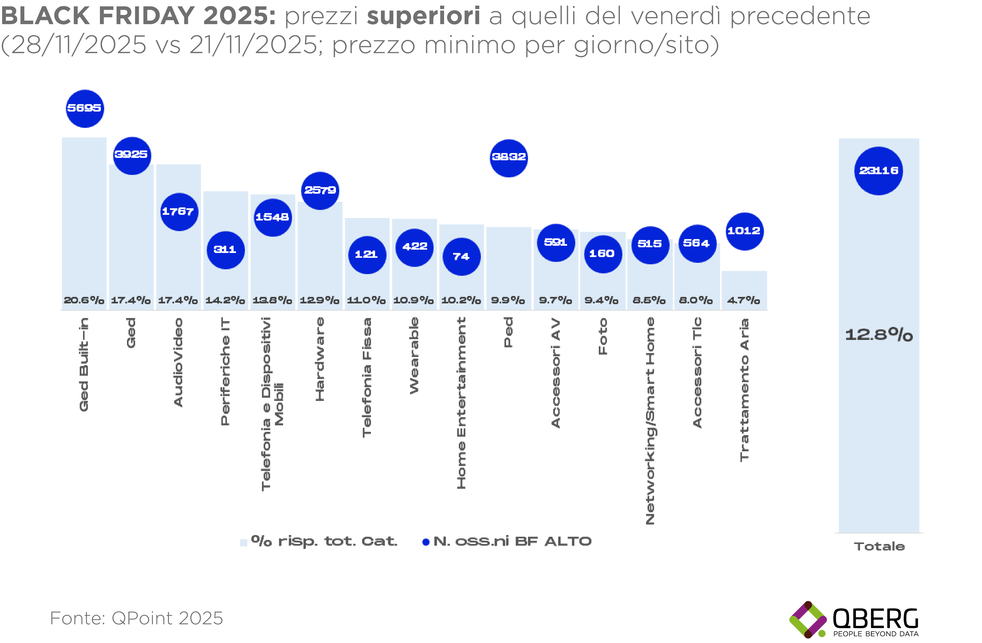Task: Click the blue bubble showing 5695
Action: pyautogui.click(x=85, y=109)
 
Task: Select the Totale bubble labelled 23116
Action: pyautogui.click(x=878, y=171)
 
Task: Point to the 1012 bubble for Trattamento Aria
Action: pyautogui.click(x=744, y=231)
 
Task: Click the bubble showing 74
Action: pyautogui.click(x=461, y=257)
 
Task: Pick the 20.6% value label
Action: pyautogui.click(x=84, y=300)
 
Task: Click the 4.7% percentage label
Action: pyautogui.click(x=743, y=300)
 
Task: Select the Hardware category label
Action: pyautogui.click(x=320, y=359)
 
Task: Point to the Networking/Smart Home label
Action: pyautogui.click(x=650, y=421)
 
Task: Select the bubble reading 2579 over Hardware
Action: pyautogui.click(x=320, y=190)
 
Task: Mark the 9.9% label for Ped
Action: pyautogui.click(x=508, y=300)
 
